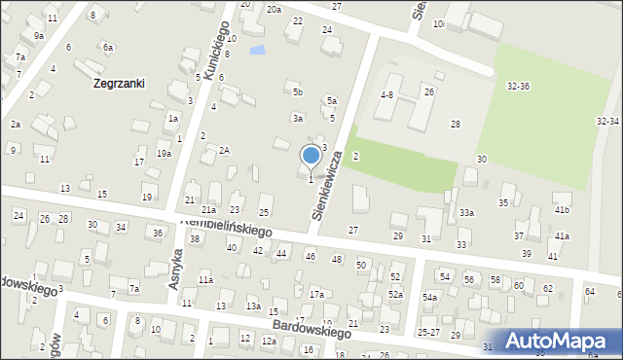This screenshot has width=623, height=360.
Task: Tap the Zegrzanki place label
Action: point(120,84)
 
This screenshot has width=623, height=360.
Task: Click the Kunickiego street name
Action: point(216,49)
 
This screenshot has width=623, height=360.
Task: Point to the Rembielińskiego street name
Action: point(225,229)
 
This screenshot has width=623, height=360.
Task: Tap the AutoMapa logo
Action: point(565,341)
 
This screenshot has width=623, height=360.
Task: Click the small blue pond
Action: point(257,50)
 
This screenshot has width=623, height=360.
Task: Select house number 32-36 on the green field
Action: point(518,87)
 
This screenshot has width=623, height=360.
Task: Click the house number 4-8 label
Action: point(386,95)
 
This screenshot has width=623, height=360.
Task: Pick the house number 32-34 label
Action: point(607,121)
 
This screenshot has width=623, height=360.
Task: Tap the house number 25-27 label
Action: point(429,333)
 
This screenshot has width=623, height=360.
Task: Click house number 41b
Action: point(562,210)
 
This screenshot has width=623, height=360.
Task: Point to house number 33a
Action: point(467,213)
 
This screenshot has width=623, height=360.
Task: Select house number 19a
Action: point(164,154)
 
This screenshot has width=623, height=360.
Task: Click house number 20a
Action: point(275,9)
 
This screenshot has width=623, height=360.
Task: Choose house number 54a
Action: point(429,297)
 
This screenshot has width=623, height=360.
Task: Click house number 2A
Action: point(224,150)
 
